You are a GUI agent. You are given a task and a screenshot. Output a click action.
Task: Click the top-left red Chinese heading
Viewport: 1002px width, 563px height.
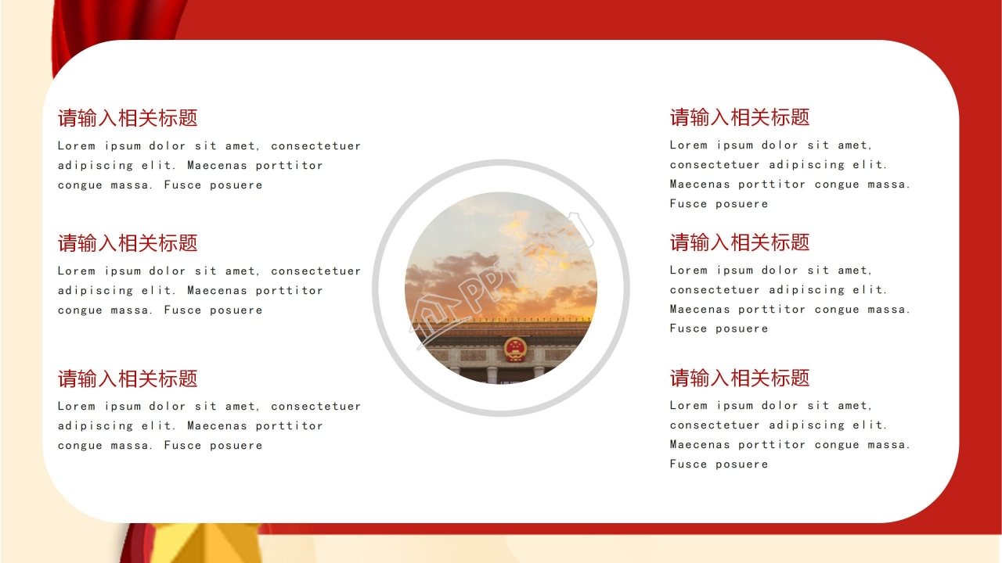pyautogui.click(x=128, y=118)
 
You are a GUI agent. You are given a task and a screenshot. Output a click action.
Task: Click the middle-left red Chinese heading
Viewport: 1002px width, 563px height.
pyautogui.click(x=128, y=243)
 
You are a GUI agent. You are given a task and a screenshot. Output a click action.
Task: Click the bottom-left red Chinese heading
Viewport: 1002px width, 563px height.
pyautogui.click(x=128, y=378)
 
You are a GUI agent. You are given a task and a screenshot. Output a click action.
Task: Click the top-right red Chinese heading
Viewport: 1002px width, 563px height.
pyautogui.click(x=740, y=117)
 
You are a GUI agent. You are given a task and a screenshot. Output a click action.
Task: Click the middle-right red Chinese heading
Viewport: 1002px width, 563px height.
pyautogui.click(x=740, y=242)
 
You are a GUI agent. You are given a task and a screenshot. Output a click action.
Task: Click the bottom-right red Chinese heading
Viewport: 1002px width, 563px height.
pyautogui.click(x=740, y=378)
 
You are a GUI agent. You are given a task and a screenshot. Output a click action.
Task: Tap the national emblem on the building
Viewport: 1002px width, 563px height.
pyautogui.click(x=515, y=349)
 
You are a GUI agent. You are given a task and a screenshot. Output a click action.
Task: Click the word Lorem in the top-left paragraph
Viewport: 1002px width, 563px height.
pyautogui.click(x=76, y=145)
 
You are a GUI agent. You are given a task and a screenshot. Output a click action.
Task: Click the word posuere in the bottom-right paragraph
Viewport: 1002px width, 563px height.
pyautogui.click(x=741, y=464)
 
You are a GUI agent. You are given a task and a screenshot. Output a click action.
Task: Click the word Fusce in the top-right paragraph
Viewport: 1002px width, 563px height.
pyautogui.click(x=688, y=204)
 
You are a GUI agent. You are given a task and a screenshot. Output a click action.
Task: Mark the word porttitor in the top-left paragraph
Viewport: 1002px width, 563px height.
pyautogui.click(x=289, y=166)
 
